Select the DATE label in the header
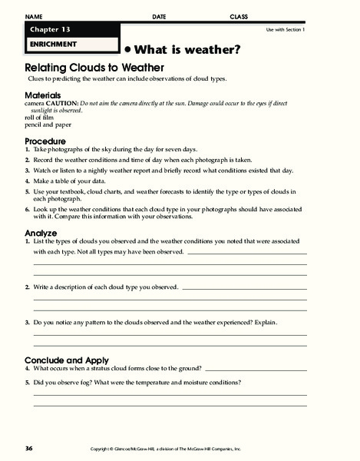coord(159,15)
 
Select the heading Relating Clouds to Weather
coord(86,68)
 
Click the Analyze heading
coord(41,232)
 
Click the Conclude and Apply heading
coord(67,360)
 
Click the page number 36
coord(28,447)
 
